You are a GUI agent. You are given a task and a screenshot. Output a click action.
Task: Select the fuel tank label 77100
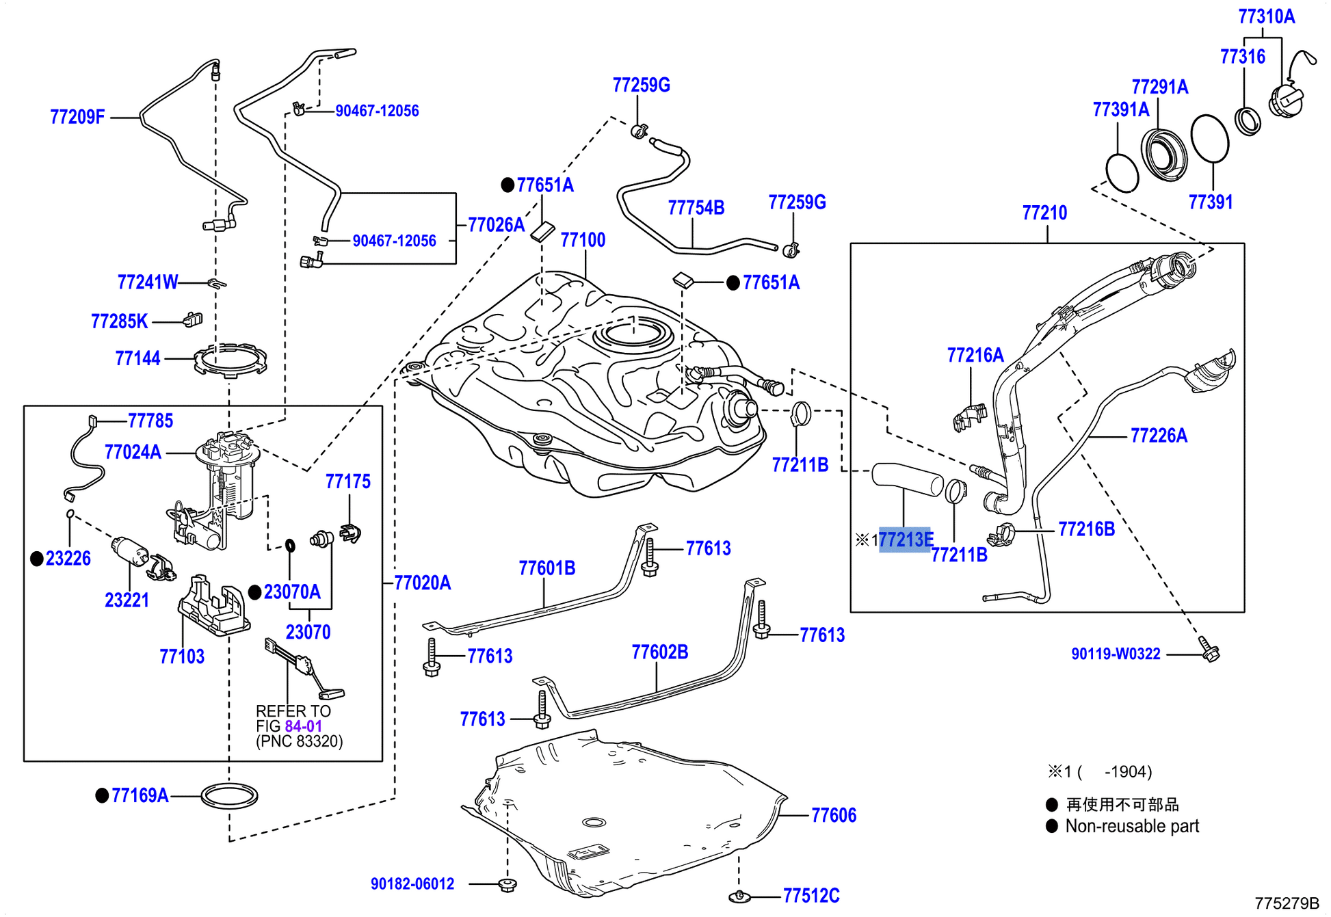point(583,240)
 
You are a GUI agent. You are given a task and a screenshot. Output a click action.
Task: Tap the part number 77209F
point(77,117)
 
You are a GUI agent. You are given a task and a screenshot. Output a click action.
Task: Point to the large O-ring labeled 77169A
point(229,795)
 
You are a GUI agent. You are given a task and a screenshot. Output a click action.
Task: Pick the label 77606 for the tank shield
point(833,815)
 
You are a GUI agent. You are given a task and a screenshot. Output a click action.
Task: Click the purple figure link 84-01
point(303,726)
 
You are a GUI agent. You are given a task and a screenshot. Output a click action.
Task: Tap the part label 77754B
point(696,208)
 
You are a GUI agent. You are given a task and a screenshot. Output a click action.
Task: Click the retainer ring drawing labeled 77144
point(230,360)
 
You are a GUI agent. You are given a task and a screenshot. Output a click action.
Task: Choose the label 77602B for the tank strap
point(659,652)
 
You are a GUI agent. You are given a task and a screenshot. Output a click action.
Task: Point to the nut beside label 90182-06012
point(507,884)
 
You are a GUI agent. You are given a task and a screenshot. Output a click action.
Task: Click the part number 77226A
point(1159,436)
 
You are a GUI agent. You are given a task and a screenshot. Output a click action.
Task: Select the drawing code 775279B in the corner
point(1287,903)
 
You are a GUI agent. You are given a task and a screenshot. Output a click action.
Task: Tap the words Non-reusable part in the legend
point(1132,826)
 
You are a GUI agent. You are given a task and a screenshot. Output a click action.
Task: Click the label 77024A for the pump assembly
point(133,452)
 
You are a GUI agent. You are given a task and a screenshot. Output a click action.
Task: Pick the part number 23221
point(127,600)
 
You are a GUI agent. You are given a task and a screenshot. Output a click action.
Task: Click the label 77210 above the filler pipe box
point(1044,213)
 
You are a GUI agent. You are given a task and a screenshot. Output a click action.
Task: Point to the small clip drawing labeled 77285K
point(193,319)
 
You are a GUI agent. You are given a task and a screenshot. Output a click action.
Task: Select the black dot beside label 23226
point(37,559)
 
